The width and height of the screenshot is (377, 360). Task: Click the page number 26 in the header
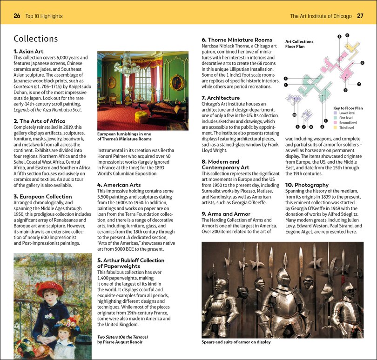click(x=17, y=16)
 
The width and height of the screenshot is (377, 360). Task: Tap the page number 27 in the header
click(x=360, y=16)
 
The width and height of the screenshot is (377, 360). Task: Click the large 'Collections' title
click(x=36, y=39)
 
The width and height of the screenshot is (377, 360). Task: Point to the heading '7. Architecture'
click(x=221, y=98)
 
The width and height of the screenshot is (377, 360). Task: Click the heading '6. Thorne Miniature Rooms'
click(x=236, y=40)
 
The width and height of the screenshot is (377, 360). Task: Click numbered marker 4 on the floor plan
click(x=285, y=78)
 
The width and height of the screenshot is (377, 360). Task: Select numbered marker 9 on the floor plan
click(x=362, y=63)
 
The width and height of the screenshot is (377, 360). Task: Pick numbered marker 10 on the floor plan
click(x=294, y=114)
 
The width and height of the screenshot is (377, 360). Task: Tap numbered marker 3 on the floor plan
click(x=345, y=90)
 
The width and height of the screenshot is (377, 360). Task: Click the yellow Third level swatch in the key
click(x=336, y=127)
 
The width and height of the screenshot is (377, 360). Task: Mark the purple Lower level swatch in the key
click(x=336, y=113)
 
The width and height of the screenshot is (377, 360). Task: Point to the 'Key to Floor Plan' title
click(x=348, y=108)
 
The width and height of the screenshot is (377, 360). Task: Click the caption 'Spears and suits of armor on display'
click(x=236, y=342)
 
